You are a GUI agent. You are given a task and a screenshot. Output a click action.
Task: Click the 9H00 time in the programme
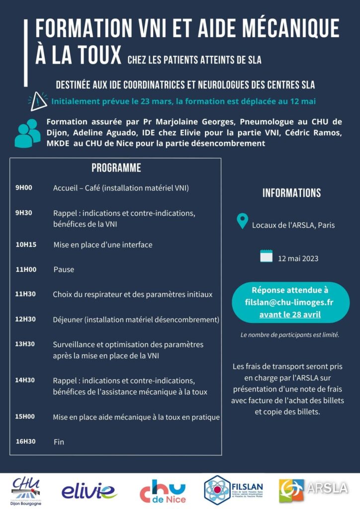coord(24,188)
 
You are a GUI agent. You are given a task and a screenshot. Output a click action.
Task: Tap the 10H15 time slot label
coord(25,245)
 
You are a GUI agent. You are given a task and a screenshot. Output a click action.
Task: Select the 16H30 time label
coord(25,441)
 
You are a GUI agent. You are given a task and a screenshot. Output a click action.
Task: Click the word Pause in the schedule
coord(64,269)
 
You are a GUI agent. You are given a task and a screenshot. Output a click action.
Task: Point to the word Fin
coord(59,441)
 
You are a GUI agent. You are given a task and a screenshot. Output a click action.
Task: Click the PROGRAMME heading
coord(116,168)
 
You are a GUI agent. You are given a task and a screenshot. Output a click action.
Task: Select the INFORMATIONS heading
coord(291,193)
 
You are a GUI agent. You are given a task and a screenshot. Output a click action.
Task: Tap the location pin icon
coord(242,221)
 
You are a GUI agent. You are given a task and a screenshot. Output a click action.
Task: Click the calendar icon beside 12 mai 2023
coord(267,256)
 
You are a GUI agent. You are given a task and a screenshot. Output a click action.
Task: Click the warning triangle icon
coord(38,101)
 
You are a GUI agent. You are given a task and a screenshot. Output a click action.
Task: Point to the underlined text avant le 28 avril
coord(290,315)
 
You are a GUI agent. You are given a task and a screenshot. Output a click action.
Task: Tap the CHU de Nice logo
coord(162,491)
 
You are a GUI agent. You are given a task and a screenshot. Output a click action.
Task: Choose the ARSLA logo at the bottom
coord(313,489)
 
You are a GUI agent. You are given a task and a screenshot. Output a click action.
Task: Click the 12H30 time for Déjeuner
coord(25,319)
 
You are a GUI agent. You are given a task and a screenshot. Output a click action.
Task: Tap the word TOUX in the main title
coord(92,54)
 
